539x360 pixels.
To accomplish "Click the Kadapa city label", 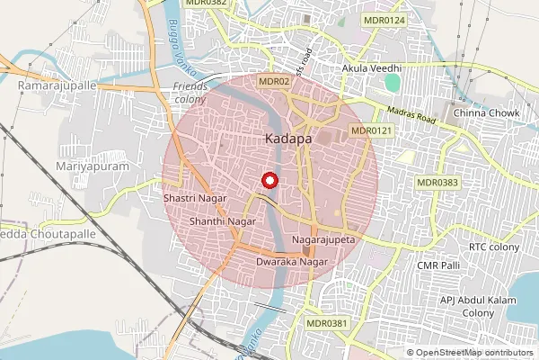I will point(288,140).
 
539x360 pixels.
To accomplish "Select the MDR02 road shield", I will point(274,81).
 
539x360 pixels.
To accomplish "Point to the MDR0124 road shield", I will point(384,20).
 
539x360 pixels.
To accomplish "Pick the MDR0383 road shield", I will point(437,182).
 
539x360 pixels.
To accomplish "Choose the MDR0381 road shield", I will point(325,322).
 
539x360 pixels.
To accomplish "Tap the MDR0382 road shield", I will point(206,4).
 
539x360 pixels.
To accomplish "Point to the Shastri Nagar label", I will point(192,196).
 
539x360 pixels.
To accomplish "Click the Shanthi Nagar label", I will point(217,220).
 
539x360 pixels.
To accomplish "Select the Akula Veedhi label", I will point(371,68).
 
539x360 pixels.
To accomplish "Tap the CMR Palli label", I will point(438,265).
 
